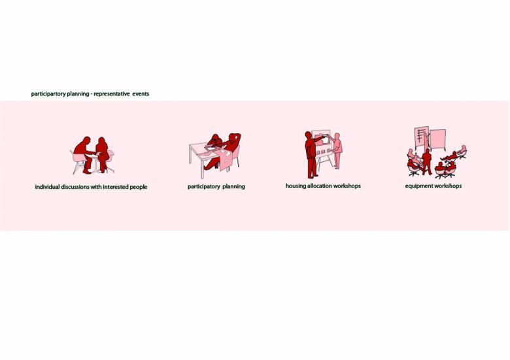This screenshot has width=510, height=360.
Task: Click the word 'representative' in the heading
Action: [x=112, y=94]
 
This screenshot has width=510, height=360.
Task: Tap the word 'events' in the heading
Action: [x=141, y=94]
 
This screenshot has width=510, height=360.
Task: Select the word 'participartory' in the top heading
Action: [x=48, y=94]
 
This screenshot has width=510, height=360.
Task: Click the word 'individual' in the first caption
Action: [x=47, y=187]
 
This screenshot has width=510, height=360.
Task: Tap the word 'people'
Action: [x=139, y=187]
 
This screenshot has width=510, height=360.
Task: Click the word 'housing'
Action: [x=296, y=186]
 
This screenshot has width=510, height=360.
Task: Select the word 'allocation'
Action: [x=320, y=186]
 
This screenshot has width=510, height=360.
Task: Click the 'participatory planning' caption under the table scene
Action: [x=216, y=186]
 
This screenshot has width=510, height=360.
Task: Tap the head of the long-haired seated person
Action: [x=102, y=142]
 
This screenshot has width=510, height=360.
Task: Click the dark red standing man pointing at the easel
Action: [x=311, y=155]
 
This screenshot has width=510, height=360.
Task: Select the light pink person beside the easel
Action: [x=337, y=151]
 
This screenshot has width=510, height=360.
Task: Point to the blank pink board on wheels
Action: [x=437, y=139]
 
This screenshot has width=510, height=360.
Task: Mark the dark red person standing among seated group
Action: [x=426, y=161]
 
